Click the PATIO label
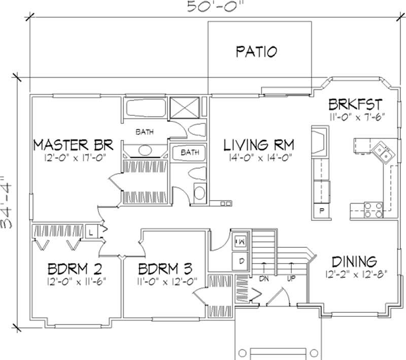pos(256,51)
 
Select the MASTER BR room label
pos(72,145)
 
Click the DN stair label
pos(263,279)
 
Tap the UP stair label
pos(291,279)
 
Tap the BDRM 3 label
pos(165,268)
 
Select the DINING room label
pos(354,262)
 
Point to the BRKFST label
pos(354,105)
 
